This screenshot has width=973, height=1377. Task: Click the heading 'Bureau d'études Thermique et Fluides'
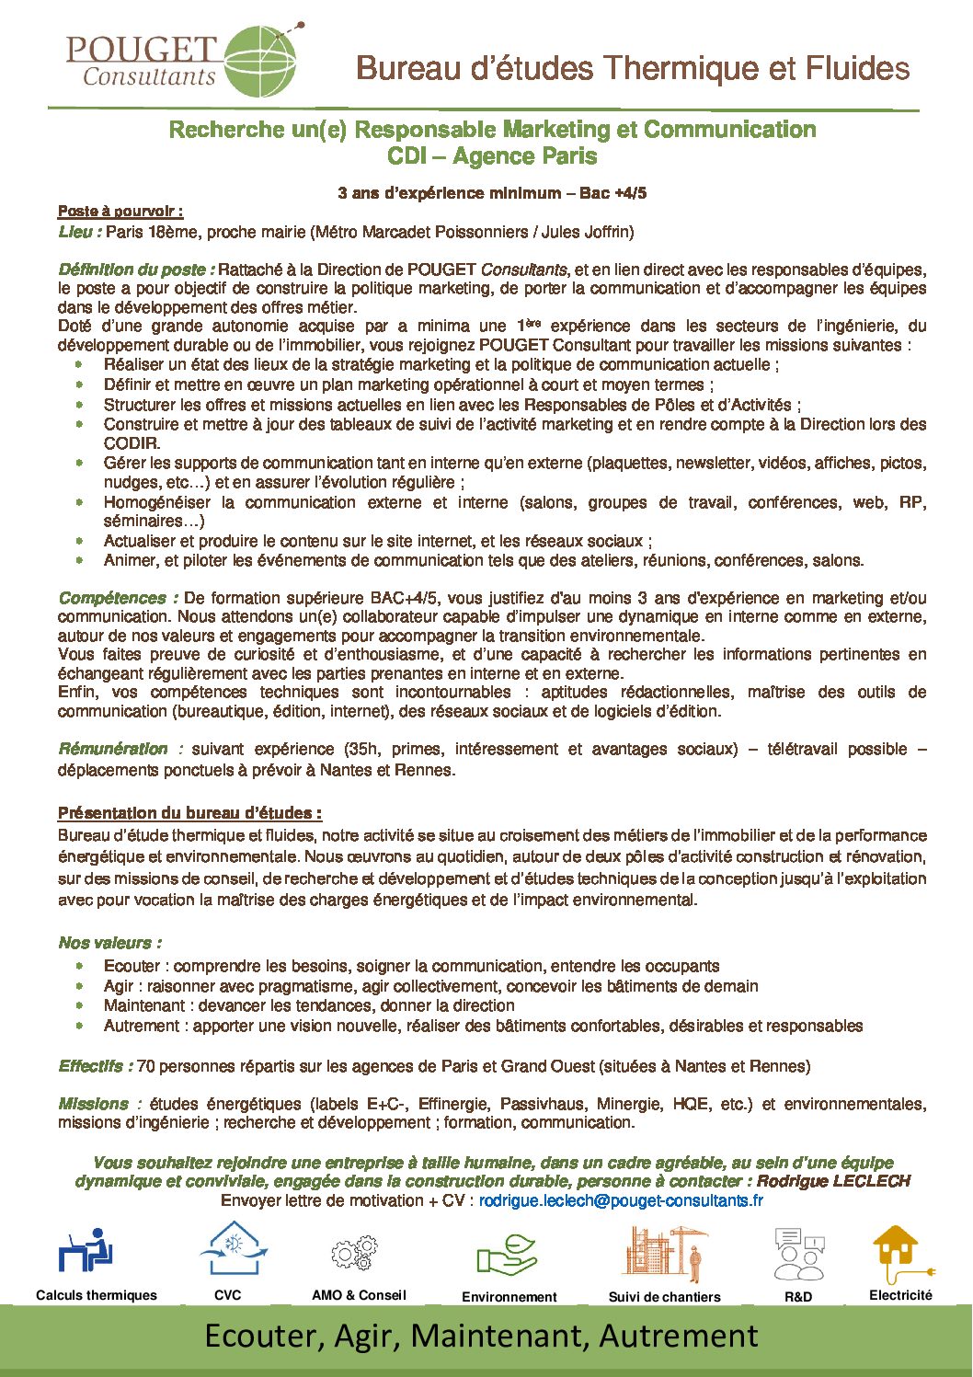[633, 68]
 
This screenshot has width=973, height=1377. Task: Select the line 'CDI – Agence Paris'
[492, 156]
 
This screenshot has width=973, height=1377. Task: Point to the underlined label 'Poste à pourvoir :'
[120, 212]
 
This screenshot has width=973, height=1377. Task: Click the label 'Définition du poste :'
[136, 270]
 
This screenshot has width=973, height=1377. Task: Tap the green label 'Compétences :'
[118, 598]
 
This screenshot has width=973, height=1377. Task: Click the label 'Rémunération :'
[120, 749]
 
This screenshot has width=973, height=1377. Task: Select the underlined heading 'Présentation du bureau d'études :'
[189, 813]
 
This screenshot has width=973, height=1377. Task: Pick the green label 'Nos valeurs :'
[109, 943]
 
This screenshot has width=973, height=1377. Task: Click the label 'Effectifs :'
[96, 1066]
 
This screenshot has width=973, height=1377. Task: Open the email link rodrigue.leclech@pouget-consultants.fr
[621, 1200]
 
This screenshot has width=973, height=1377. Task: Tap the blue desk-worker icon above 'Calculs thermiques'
[86, 1250]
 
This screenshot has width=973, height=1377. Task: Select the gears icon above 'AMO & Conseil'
[355, 1252]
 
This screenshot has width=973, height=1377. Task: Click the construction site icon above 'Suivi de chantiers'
[667, 1252]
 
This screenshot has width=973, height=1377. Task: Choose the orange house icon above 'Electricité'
[897, 1252]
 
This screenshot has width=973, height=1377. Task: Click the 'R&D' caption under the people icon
[798, 1297]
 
